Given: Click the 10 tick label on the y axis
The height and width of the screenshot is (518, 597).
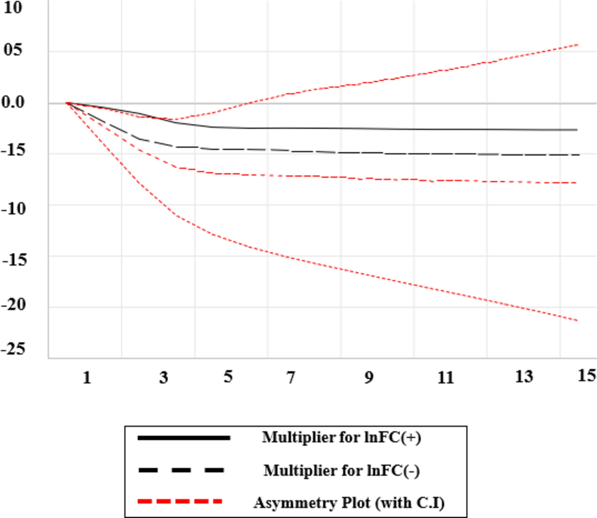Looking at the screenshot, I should tap(13, 7).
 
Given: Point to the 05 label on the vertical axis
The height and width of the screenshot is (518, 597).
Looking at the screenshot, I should tap(13, 50).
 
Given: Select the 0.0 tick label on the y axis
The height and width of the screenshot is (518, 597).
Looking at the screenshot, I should tap(13, 102).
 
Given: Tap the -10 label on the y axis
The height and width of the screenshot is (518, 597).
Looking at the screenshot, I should tap(14, 208).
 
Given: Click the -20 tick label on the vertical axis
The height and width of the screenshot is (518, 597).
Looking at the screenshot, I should tap(14, 305).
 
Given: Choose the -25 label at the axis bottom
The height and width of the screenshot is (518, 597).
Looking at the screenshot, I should tap(14, 349).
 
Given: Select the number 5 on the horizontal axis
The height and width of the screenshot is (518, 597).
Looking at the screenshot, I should tap(228, 377).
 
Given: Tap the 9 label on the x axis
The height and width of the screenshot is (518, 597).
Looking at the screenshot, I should tap(369, 377).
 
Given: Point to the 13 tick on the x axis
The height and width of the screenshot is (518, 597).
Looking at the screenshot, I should tap(524, 376).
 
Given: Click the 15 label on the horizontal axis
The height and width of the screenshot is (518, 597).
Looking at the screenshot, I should tap(587, 376).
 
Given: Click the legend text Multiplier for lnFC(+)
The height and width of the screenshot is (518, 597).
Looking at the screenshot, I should tap(342, 437).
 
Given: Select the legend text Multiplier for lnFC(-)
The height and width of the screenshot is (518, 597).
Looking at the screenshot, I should tap(342, 471).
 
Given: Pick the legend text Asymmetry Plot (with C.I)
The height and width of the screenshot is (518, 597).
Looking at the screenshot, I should tap(349, 503).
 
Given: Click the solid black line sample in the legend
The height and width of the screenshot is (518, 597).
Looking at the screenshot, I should tap(184, 438).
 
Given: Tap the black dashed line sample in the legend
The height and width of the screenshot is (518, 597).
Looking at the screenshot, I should tap(181, 471).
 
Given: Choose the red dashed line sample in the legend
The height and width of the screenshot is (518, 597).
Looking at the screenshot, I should tap(180, 501).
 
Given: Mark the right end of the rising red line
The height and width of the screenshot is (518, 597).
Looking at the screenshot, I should tap(577, 45).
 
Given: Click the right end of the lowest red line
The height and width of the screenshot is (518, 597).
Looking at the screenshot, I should tap(577, 320).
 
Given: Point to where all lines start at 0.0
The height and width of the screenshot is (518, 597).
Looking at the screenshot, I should tap(67, 103).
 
